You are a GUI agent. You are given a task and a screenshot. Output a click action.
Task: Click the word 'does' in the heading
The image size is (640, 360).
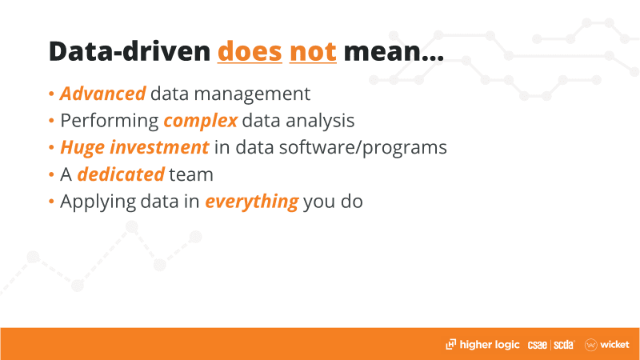pos(250,52)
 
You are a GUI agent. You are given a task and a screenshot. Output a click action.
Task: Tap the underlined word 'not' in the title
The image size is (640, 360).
pos(313,52)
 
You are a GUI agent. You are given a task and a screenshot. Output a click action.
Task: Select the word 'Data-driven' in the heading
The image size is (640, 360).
pos(130,51)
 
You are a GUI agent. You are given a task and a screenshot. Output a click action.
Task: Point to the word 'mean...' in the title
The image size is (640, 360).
pos(394,53)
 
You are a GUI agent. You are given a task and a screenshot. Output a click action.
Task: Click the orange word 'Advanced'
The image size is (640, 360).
pos(103,94)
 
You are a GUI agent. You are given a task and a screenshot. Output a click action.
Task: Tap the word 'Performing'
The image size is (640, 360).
pos(110,122)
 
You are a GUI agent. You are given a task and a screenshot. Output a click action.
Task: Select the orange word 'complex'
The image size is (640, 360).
pos(201,122)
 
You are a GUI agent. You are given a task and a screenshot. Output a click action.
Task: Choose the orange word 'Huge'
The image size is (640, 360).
pos(82,148)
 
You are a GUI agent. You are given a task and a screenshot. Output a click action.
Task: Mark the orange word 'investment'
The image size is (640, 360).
pos(159,147)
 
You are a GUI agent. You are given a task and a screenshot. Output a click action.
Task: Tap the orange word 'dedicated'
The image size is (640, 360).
pos(121,174)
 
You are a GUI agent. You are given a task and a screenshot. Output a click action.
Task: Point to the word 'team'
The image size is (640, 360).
pos(191,175)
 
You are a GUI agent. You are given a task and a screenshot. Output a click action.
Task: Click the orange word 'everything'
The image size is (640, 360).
pos(252,202)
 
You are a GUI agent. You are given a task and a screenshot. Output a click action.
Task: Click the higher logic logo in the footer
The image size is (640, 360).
pos(482,345)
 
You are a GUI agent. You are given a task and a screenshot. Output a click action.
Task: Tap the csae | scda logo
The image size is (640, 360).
pos(551,346)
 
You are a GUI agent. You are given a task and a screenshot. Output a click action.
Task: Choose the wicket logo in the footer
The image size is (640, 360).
pos(607,345)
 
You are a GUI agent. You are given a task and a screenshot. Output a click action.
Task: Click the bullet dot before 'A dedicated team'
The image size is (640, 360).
pos(51,174)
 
